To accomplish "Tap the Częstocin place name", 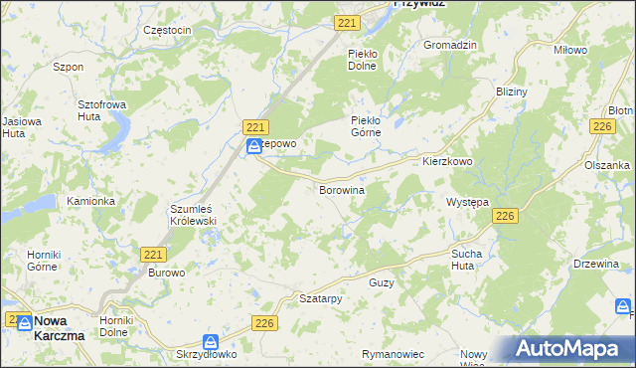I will tap(167, 31).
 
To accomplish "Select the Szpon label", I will tap(68, 67).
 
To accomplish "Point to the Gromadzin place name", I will tap(451, 46).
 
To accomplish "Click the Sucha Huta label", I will tap(466, 261).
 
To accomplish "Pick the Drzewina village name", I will tap(597, 264).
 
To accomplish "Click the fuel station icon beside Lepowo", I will tap(254, 146).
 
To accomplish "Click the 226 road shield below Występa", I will tap(506, 216).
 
